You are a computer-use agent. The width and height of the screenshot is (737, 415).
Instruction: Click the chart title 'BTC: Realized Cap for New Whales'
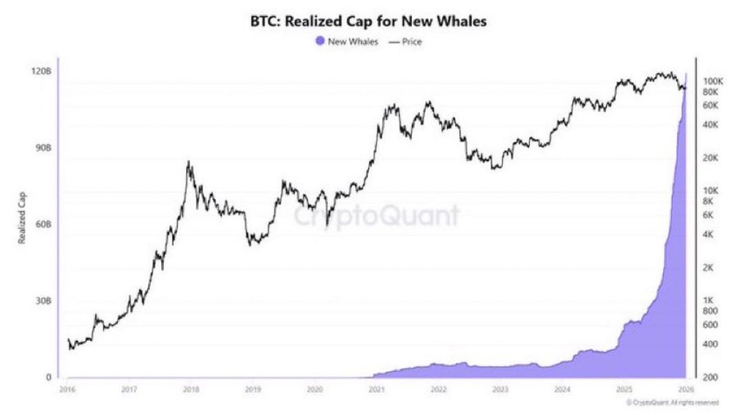click(368, 22)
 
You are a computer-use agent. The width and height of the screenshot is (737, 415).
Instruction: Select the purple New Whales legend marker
click(320, 42)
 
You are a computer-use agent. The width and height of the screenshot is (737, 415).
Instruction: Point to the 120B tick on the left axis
click(43, 72)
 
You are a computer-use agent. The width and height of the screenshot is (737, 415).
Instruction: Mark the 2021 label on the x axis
click(376, 390)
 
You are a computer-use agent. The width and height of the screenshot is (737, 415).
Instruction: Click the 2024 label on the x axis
click(562, 390)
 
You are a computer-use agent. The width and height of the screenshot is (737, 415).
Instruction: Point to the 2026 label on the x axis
click(686, 390)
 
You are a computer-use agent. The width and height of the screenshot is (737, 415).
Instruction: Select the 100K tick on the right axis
click(709, 81)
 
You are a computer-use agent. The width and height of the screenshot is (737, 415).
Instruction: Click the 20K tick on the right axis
click(709, 158)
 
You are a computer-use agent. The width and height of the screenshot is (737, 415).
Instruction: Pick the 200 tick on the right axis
click(710, 377)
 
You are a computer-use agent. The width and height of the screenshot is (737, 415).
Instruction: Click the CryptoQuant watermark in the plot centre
click(377, 215)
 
